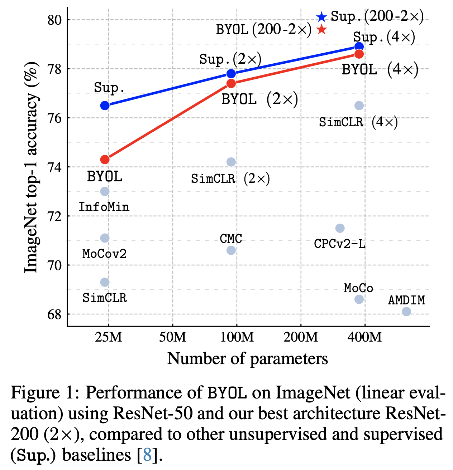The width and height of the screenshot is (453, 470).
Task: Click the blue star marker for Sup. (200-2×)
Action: (x=321, y=17)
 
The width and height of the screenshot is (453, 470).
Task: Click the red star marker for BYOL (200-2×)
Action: (x=321, y=30)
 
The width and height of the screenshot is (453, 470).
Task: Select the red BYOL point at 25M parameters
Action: (x=105, y=159)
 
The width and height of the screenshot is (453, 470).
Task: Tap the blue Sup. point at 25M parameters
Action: (x=105, y=106)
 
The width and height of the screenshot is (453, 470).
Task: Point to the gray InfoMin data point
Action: (x=105, y=191)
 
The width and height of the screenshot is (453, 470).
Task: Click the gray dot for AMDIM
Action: (x=406, y=312)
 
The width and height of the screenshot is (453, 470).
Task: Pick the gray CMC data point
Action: (x=231, y=250)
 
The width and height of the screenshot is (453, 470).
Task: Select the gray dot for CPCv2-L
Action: (x=340, y=228)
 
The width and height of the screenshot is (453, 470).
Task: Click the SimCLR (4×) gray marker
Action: (x=359, y=106)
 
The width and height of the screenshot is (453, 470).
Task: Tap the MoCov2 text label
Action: (x=104, y=254)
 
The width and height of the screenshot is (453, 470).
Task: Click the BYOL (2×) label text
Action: (x=259, y=99)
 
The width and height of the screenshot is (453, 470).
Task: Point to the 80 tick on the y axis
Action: (x=55, y=20)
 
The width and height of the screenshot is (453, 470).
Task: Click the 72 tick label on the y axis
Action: (x=55, y=216)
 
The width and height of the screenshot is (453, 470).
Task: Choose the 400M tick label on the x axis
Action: (x=364, y=337)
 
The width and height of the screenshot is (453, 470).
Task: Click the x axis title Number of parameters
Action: (x=247, y=358)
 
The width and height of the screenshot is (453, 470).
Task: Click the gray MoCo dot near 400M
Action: (x=359, y=299)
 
